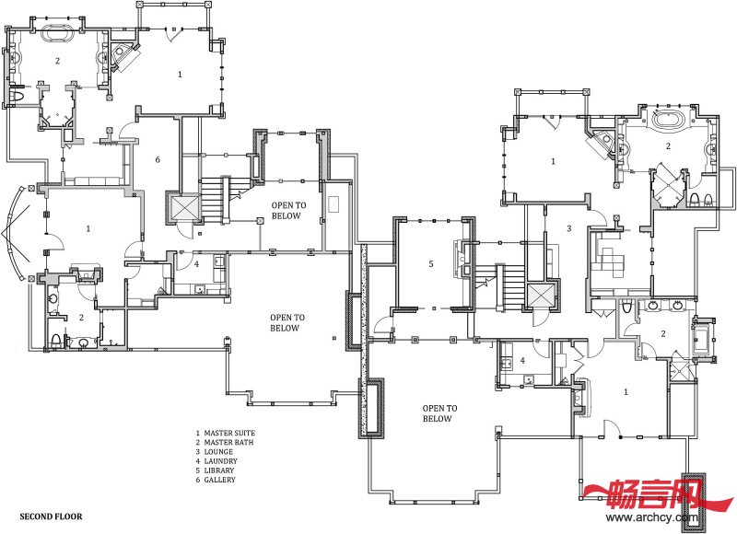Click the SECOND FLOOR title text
(x=51, y=517)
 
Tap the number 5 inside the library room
(x=431, y=264)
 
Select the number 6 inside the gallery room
(x=158, y=159)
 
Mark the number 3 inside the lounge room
(x=569, y=228)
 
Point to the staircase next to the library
(x=510, y=286)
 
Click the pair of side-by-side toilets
(x=701, y=200)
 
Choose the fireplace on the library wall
(x=460, y=259)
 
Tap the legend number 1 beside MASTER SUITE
(x=198, y=433)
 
